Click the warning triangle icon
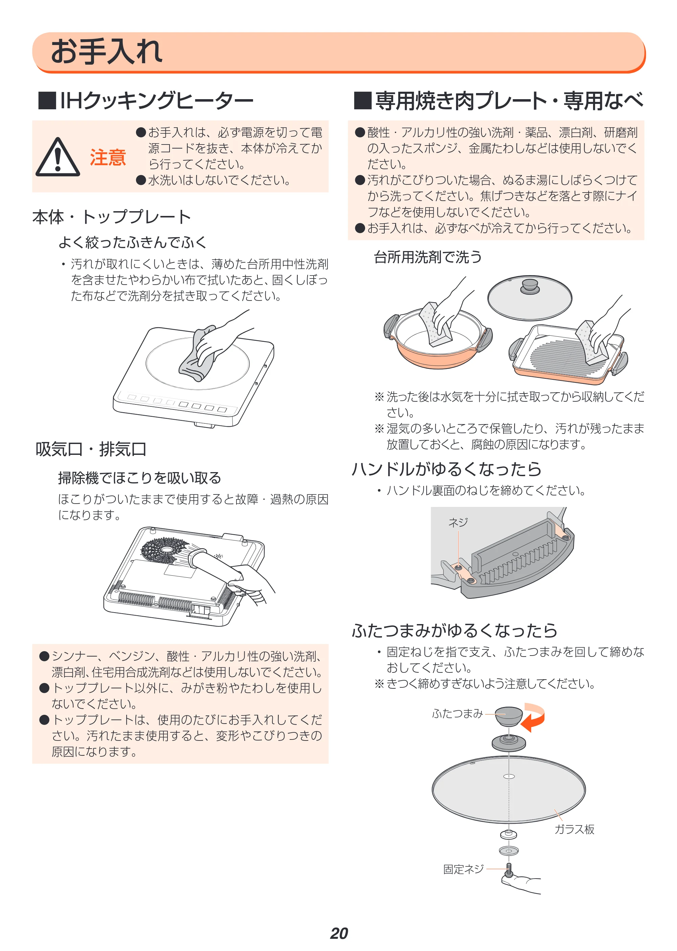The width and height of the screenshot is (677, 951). pos(58,157)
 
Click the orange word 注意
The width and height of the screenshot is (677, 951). pos(108,158)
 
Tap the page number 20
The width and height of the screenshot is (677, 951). pos(339,933)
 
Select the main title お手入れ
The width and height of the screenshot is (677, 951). pos(107,51)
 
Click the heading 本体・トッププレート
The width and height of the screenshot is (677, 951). pos(112,217)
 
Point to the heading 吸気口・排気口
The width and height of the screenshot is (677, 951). pos(91,449)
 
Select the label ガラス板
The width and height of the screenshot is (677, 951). pos(574,829)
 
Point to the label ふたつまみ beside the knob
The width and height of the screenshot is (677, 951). pos(457,713)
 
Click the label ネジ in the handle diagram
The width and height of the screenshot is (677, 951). pos(458,522)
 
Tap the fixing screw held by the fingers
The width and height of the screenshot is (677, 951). pos(509,870)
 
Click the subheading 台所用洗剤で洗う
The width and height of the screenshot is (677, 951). pos(427,257)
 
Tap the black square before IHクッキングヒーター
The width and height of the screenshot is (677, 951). pos(47,101)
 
